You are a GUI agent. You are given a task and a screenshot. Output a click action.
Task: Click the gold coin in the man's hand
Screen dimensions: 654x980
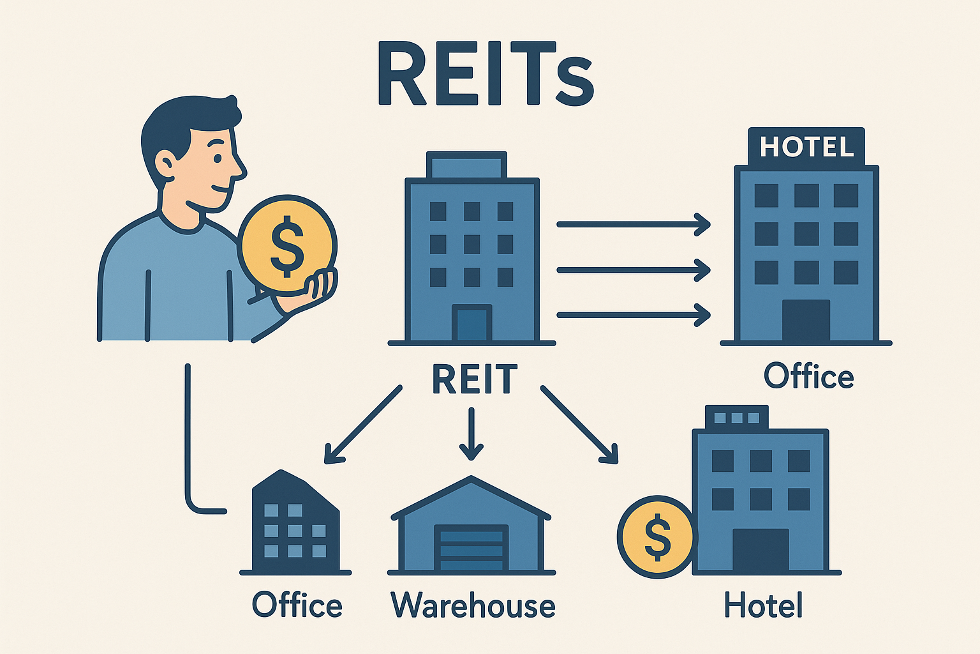pos(287,244)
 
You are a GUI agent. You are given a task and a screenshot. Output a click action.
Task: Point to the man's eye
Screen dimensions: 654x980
pos(217,158)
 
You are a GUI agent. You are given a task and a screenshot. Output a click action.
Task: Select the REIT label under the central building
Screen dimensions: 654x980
pos(474,379)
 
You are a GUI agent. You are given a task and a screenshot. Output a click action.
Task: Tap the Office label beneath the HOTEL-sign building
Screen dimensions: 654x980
pos(808,376)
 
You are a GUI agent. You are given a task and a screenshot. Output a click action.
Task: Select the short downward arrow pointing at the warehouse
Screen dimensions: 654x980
pos(471,434)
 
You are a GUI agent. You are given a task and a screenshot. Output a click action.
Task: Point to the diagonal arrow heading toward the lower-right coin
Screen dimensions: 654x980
pos(579,424)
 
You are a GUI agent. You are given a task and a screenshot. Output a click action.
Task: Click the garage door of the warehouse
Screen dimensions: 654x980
pos(471,548)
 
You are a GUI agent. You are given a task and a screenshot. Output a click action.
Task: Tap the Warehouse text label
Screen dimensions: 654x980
pos(473,605)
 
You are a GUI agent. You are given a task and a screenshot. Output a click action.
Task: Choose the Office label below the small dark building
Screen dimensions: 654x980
pos(297,605)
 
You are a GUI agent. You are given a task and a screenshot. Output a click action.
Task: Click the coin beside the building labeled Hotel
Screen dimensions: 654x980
pos(656,537)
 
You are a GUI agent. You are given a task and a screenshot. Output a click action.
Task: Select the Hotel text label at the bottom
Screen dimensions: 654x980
pos(763,605)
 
